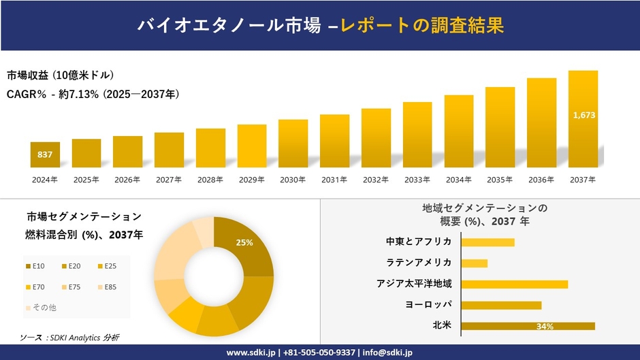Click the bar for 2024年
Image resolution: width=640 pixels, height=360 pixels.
45,154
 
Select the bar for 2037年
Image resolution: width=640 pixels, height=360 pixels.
583,119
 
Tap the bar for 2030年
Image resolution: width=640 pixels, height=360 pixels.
293,144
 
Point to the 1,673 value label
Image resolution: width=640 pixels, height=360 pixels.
584,115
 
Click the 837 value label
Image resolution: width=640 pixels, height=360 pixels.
45,155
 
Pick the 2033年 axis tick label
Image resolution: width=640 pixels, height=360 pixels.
417,180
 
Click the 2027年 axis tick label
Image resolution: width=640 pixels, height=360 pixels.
169,180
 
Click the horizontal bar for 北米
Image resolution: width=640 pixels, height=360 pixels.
528,326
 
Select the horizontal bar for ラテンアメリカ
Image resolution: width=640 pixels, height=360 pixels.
475,263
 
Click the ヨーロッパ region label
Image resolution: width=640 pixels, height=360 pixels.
428,305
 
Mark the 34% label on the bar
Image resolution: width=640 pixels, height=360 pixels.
545,327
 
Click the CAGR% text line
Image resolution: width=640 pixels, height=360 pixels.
93,94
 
